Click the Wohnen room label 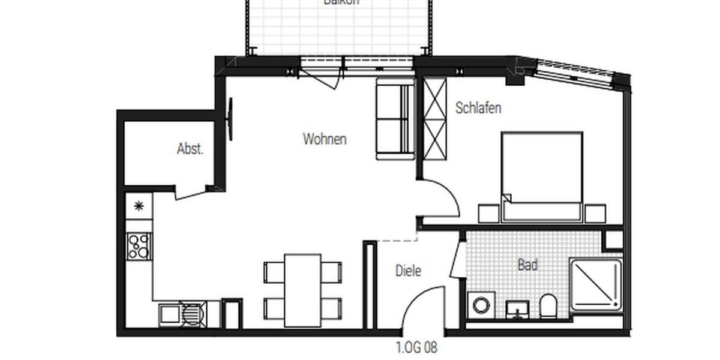[325, 139]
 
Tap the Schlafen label [478, 108]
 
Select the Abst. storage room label [190, 149]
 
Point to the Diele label [408, 271]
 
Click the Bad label [527, 265]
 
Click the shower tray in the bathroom [596, 285]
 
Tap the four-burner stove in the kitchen [139, 246]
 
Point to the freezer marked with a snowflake [139, 206]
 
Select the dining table [302, 290]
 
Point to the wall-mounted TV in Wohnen [230, 119]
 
